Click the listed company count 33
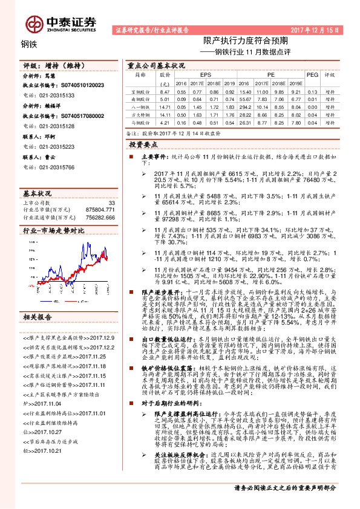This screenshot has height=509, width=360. tap(111, 203)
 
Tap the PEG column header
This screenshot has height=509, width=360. tap(312, 74)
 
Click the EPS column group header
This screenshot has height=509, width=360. tap(197, 74)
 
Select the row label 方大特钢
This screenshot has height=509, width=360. tap(140, 113)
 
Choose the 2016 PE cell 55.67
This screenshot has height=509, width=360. tap(246, 98)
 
